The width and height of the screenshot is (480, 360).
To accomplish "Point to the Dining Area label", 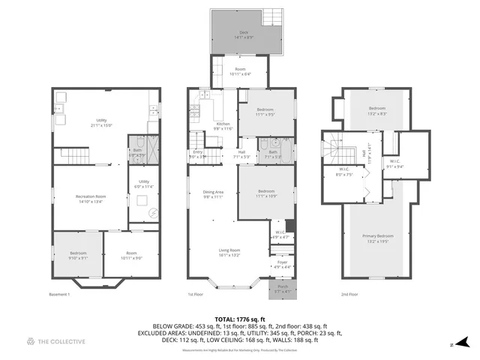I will point(213,194).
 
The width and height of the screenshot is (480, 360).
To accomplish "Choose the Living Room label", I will point(229,252).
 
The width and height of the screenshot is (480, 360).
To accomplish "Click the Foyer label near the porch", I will point(282,263).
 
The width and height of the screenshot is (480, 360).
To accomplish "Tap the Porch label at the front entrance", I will point(283,287).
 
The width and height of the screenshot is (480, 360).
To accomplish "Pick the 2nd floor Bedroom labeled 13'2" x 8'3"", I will point(377,111).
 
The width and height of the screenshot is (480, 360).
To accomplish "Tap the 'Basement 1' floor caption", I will point(59,295).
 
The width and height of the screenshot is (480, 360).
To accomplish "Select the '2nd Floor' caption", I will point(349,295).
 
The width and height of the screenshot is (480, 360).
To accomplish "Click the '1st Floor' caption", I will point(196,295).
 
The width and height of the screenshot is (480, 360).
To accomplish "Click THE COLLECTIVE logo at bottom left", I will point(56,342).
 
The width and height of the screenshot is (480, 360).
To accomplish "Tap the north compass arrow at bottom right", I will point(462,341).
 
